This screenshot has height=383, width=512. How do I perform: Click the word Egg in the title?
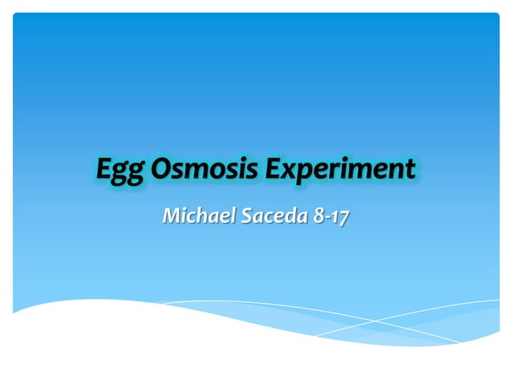(120, 171)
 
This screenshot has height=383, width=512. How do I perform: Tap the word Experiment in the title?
(340, 169)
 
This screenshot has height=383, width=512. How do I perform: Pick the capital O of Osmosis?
(164, 169)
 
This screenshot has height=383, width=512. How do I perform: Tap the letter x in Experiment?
(288, 171)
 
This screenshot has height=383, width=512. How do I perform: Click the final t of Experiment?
(410, 170)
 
